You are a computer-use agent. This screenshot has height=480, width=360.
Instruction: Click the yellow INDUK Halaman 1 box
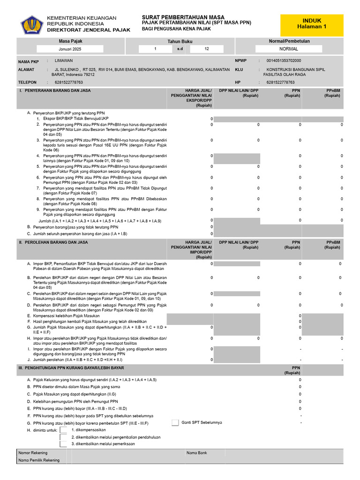click(312, 24)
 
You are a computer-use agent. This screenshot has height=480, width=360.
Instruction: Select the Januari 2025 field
click(70, 49)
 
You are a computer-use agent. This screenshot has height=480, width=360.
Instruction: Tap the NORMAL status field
click(288, 49)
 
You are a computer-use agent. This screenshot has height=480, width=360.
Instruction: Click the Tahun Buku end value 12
click(206, 49)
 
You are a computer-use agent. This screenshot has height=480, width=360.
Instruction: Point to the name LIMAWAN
click(64, 60)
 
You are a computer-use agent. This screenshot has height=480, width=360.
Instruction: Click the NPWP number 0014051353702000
click(284, 60)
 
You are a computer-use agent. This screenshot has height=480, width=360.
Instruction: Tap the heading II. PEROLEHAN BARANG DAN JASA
click(53, 242)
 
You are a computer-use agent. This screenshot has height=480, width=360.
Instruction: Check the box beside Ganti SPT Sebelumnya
click(175, 422)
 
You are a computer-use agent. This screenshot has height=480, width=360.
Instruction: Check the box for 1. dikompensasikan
click(63, 430)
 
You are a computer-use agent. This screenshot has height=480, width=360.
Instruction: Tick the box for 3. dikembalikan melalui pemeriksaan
click(63, 443)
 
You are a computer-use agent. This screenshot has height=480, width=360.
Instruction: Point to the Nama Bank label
click(196, 453)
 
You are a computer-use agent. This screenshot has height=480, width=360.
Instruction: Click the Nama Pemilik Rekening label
click(39, 460)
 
